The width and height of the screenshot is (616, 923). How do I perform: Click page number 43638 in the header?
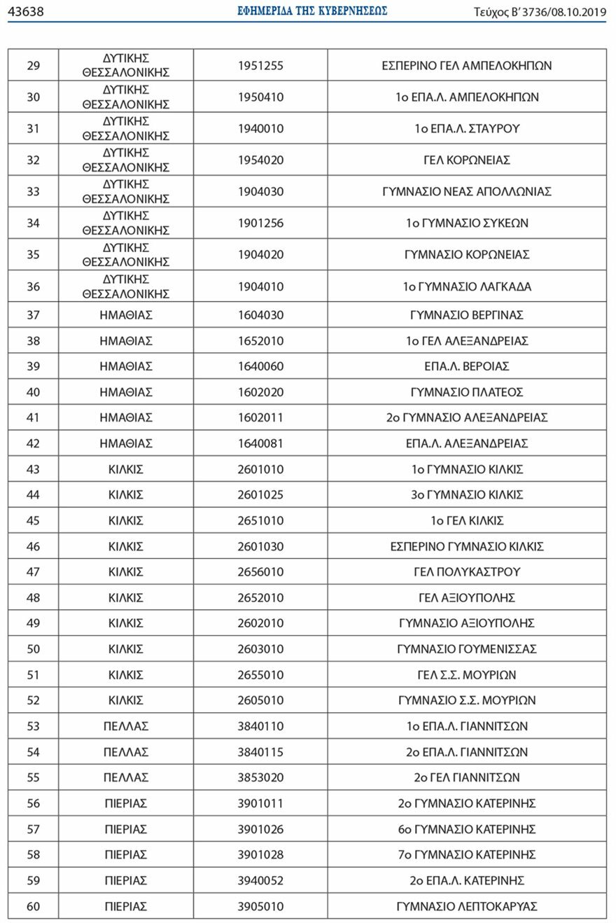pos(26,11)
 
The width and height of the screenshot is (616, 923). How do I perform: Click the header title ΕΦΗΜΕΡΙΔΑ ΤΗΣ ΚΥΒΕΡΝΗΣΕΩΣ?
pos(312,11)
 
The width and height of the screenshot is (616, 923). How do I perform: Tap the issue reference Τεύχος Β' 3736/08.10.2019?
pos(540,12)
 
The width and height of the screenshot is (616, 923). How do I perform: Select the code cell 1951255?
pos(260,66)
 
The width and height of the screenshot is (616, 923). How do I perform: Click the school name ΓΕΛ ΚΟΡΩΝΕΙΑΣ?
pos(467,160)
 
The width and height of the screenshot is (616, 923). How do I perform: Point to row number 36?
pos(33,286)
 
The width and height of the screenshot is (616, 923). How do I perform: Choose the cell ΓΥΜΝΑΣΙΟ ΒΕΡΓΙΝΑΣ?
pos(467,315)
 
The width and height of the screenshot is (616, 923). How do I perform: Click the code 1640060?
pos(260,366)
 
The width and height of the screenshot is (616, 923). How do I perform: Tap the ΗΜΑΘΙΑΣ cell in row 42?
pos(126,443)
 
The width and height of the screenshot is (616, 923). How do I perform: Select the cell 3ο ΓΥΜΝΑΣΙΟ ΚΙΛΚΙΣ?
pos(467,495)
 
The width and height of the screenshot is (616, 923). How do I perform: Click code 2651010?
pos(260,521)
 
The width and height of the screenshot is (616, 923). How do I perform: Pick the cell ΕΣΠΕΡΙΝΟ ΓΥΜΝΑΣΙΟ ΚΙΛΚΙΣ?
pos(467,546)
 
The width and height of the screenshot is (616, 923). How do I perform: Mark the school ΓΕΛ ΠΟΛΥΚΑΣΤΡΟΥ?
pos(467,572)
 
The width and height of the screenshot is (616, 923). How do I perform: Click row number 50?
pos(33,649)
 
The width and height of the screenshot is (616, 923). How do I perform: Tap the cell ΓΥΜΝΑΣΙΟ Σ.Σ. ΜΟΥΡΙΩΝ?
pos(467,700)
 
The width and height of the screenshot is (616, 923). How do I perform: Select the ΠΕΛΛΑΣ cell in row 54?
pos(126,752)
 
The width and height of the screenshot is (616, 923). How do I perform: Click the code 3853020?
pos(260,777)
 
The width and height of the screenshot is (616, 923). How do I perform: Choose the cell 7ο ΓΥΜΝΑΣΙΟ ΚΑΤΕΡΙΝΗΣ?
pos(467,855)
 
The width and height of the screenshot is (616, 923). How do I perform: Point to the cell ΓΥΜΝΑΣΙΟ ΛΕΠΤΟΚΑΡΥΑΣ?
pos(467,906)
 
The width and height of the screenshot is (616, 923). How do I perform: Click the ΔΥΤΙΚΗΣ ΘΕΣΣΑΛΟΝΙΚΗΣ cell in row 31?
pos(126,129)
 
